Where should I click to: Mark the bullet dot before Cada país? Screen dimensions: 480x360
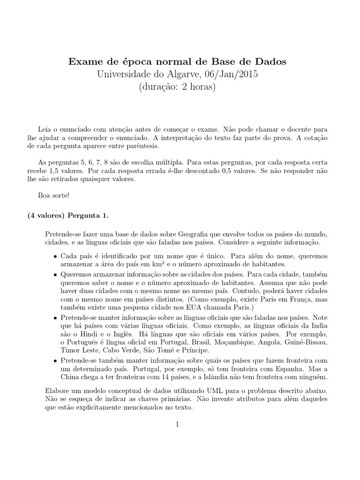[x=55, y=257]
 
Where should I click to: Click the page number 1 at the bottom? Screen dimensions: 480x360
[x=178, y=424]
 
